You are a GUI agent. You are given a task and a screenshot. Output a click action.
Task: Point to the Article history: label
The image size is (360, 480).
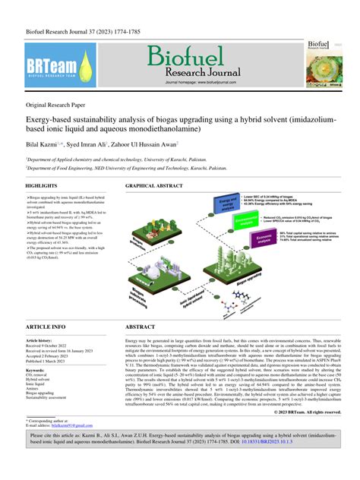[43, 341]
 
